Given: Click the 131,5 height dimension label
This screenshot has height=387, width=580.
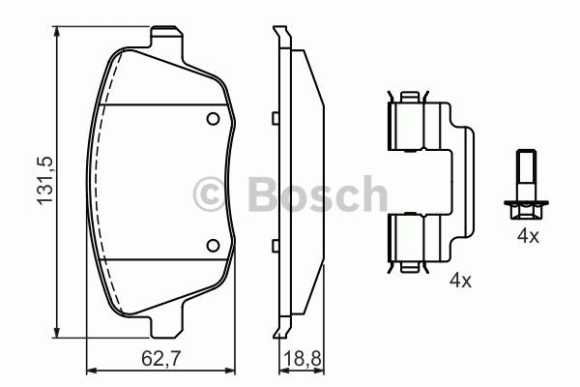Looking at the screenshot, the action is [x=44, y=181].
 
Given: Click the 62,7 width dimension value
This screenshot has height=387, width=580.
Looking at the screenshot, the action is [x=160, y=359].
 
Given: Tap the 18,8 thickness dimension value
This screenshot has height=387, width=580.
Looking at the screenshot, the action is [x=303, y=359].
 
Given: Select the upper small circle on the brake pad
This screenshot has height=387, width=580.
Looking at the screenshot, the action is [x=213, y=119].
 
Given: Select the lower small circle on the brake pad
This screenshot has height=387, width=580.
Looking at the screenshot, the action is [x=213, y=246].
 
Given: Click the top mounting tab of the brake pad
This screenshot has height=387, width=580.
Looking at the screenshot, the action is [x=167, y=37].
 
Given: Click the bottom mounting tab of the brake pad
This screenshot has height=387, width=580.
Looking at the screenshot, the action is [x=167, y=327].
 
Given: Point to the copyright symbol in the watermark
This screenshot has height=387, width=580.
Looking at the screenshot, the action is [x=210, y=194].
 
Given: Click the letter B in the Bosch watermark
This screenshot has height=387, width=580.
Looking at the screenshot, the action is [x=263, y=194].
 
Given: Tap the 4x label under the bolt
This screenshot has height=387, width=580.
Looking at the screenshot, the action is [x=528, y=236].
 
